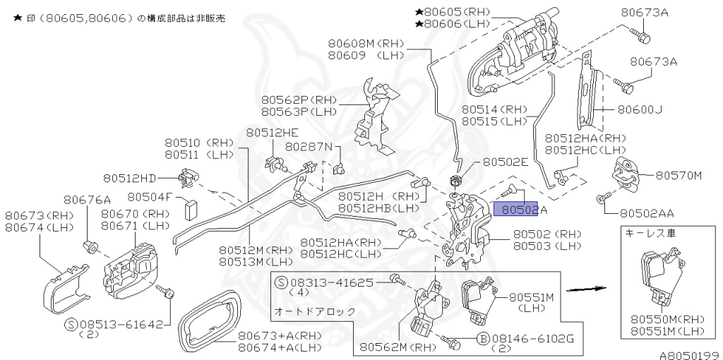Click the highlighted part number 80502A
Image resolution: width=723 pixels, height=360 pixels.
coord(520,210)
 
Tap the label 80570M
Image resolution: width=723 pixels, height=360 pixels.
coord(679,175)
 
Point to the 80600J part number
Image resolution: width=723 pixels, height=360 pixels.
coord(640,109)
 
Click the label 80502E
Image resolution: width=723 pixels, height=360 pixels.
coord(506,162)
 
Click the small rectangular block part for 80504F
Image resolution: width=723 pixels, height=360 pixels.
coord(189,210)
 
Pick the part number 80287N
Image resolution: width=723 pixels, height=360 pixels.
coord(309,147)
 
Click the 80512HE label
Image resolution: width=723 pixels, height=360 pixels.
coord(272,132)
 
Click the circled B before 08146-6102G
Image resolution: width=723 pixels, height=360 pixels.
coord(484,339)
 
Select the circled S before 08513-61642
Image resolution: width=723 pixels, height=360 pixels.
coord(71,325)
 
